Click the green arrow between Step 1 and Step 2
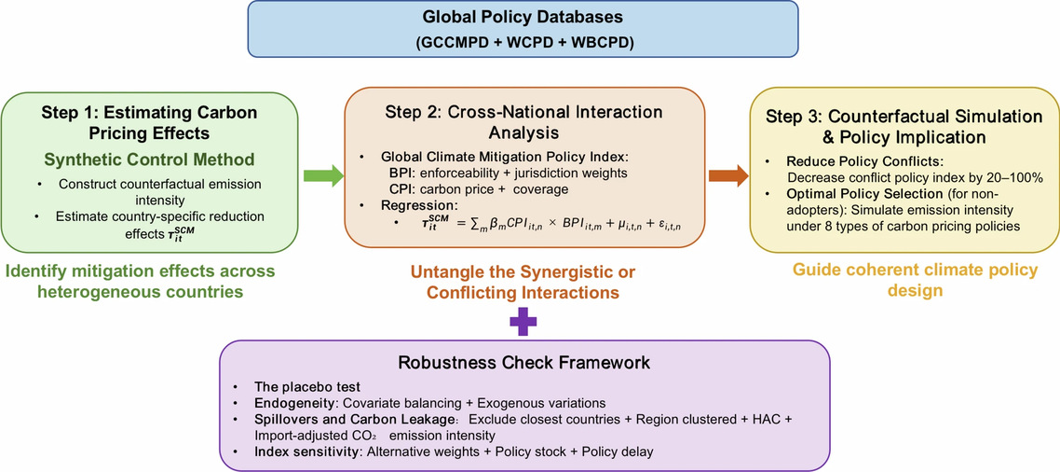[323, 176]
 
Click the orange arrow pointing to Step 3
[728, 176]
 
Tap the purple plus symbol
[519, 319]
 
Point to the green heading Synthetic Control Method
[149, 160]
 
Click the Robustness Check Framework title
[523, 362]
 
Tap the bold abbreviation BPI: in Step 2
[390, 174]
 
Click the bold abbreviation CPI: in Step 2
[390, 187]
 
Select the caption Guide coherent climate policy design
[905, 281]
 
